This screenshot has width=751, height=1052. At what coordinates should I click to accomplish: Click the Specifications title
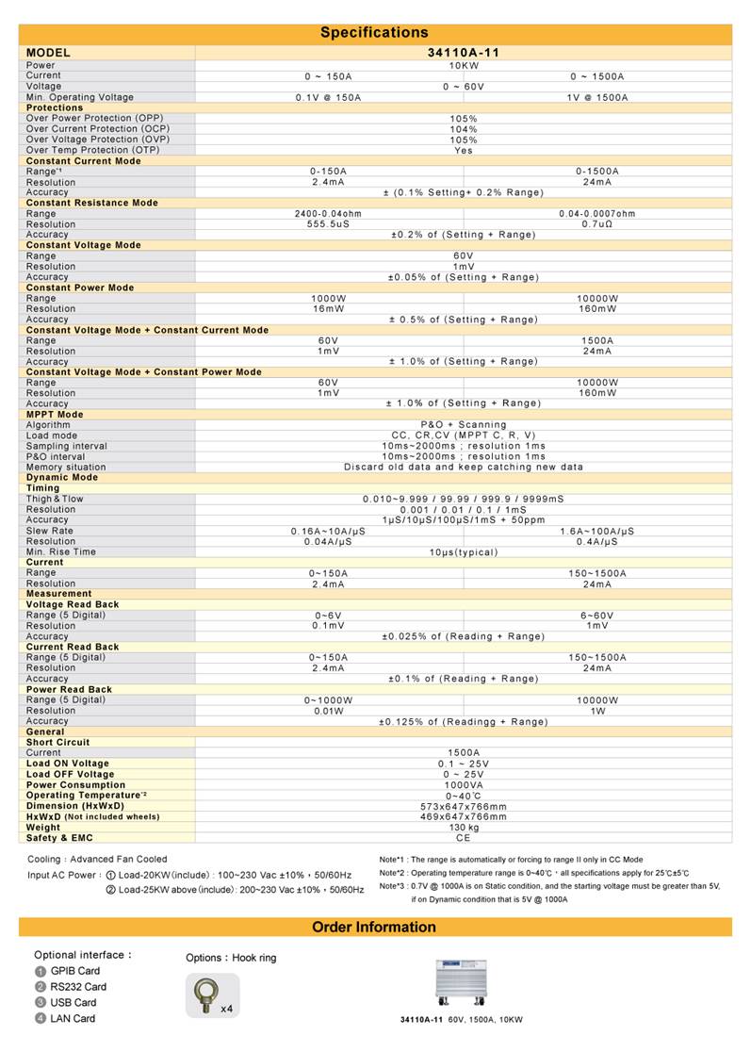[x=374, y=33]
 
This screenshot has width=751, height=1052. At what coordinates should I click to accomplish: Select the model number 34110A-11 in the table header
[x=463, y=53]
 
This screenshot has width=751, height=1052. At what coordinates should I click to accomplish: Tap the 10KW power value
[x=463, y=66]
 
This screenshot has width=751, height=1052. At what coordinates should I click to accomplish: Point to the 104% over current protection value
[x=463, y=129]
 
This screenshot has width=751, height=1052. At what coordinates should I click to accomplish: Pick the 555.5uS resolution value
[x=328, y=224]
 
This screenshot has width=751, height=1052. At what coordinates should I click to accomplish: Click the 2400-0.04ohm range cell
[x=328, y=214]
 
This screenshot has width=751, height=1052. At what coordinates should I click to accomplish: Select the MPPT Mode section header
[x=55, y=415]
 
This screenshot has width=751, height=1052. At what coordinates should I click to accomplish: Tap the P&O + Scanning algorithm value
[x=463, y=425]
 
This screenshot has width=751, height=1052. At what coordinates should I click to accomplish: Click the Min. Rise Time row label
[x=60, y=552]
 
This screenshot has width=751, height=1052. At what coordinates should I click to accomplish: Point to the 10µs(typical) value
[x=463, y=552]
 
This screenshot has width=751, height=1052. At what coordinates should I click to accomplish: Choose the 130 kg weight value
[x=463, y=828]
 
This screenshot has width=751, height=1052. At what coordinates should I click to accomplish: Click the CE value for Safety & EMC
[x=463, y=838]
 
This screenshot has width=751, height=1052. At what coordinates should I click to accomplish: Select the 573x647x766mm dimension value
[x=463, y=807]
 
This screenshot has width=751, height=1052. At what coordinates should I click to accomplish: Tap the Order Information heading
[x=374, y=928]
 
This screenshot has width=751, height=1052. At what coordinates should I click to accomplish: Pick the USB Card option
[x=73, y=1002]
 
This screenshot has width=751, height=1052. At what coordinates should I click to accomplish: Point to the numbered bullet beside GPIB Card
[x=40, y=971]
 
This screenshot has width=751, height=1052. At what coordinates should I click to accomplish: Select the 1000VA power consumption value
[x=463, y=785]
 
